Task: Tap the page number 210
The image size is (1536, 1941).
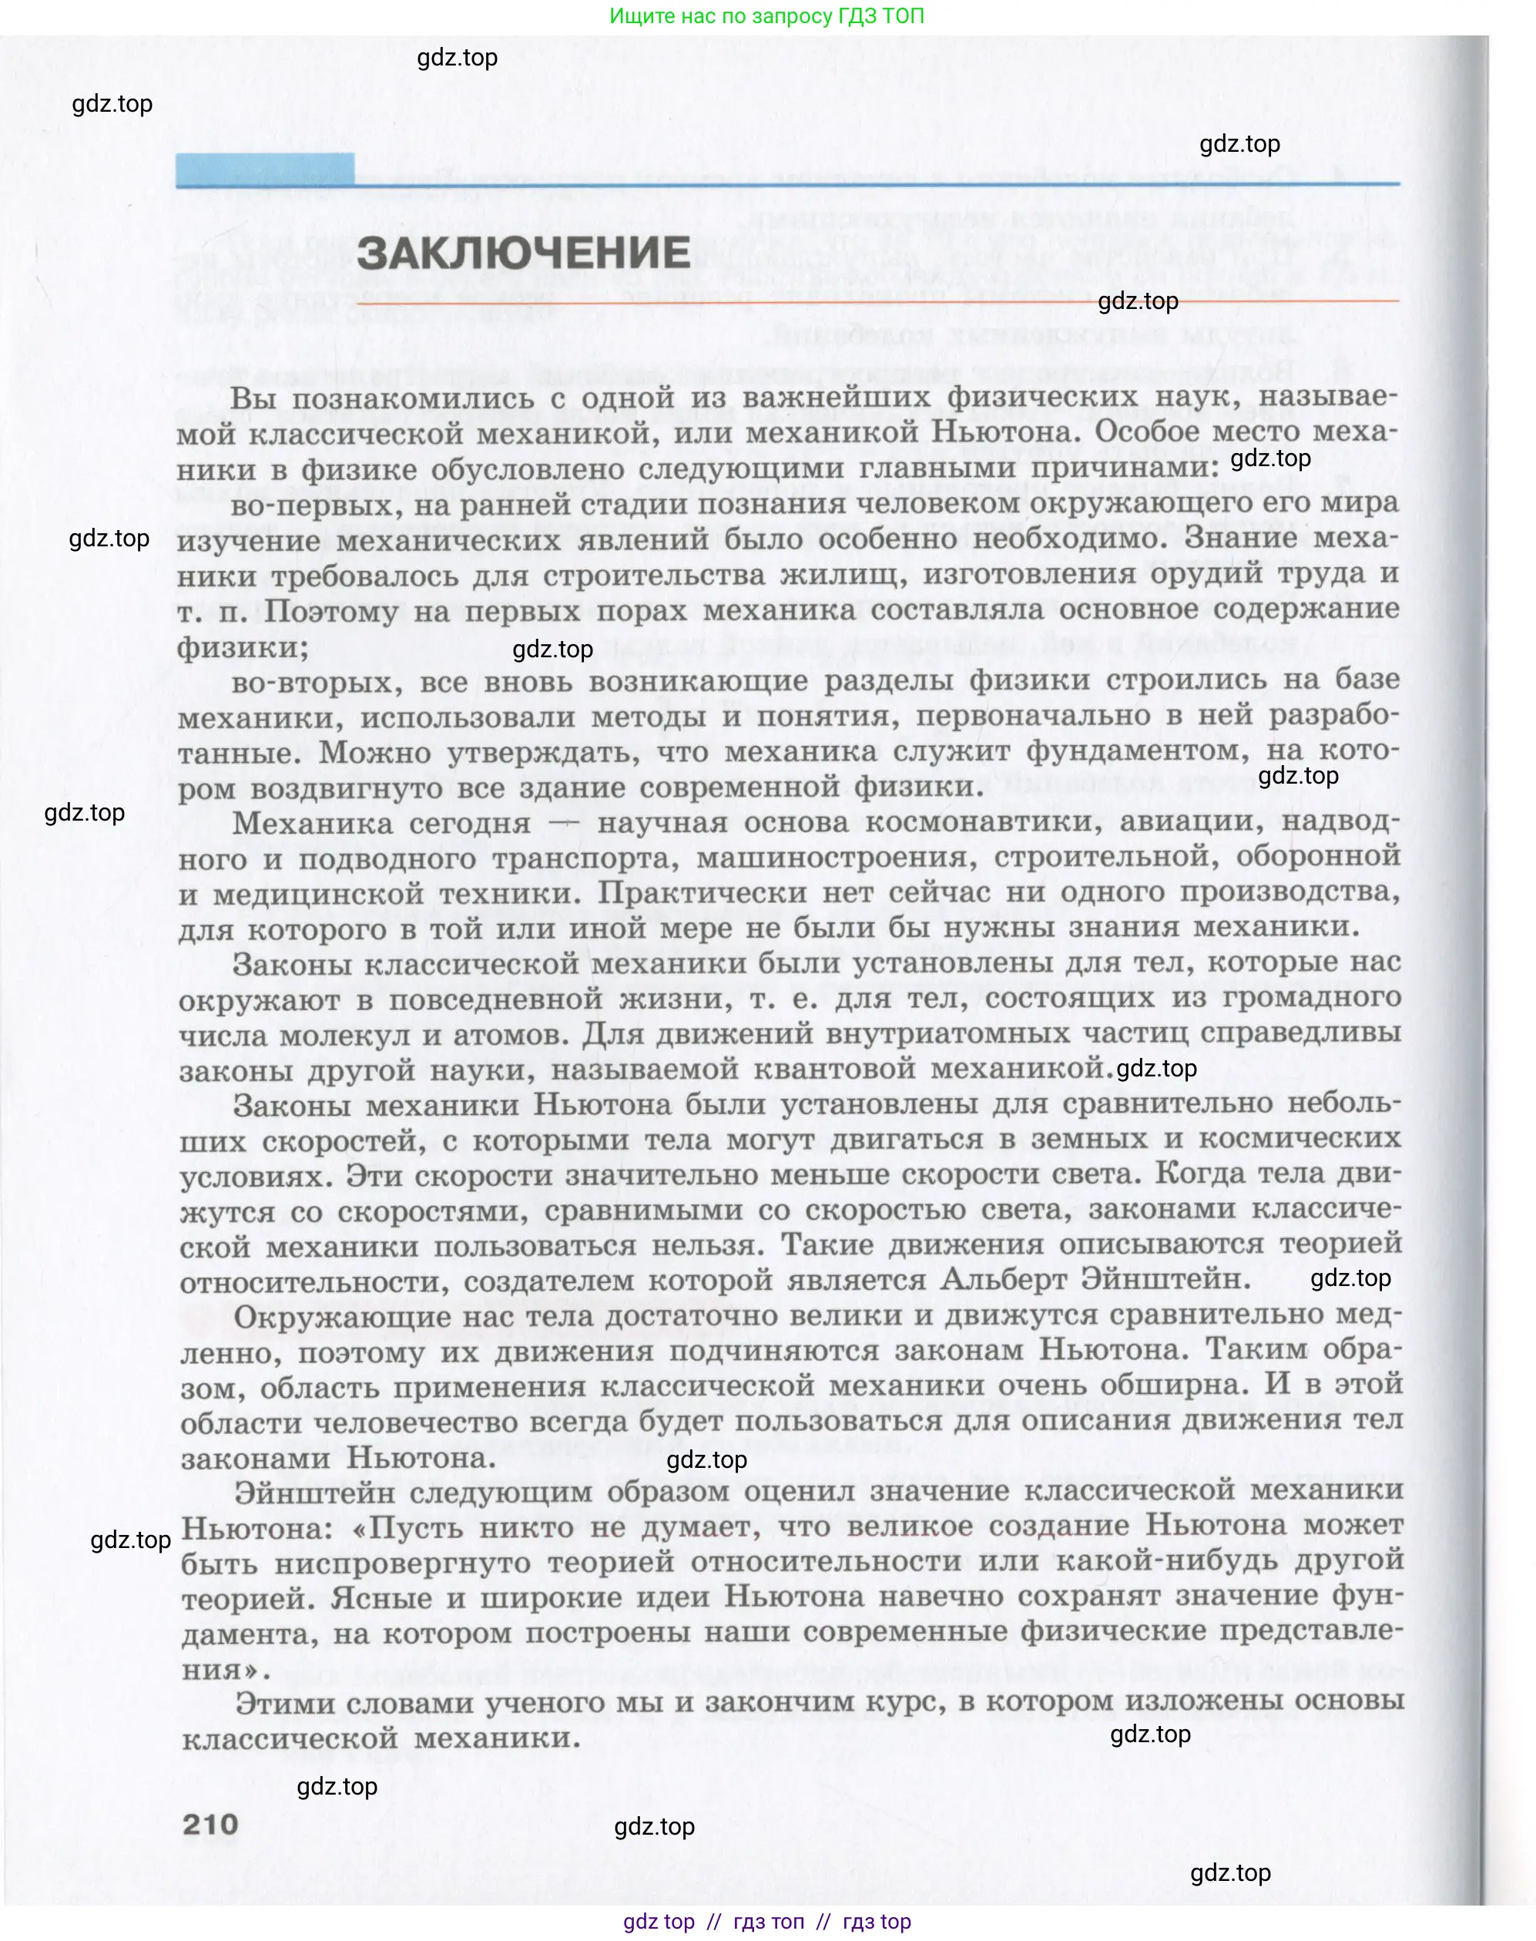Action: coord(210,1824)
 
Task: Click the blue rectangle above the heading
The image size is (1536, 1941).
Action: coord(264,169)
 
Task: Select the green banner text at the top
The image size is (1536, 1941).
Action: coord(766,16)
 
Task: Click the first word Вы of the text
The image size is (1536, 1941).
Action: coord(253,398)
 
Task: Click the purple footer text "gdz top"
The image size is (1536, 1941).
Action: coord(659,1921)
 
